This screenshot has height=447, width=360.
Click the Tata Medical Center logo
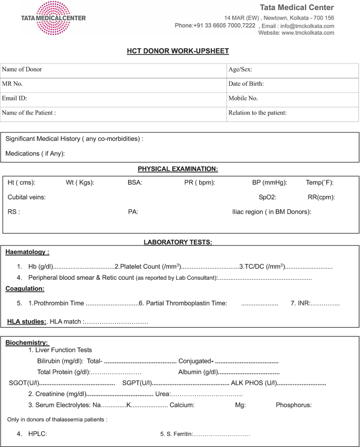(53, 18)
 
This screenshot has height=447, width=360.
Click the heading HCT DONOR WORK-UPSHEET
(178, 51)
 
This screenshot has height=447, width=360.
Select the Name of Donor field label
(22, 69)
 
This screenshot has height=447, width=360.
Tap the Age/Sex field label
(240, 69)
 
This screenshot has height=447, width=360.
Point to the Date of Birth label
(246, 84)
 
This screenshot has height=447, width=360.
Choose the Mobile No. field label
(243, 98)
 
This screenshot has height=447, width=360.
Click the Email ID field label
(15, 98)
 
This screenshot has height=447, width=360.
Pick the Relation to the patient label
(258, 113)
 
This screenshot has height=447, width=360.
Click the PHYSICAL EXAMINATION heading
(178, 169)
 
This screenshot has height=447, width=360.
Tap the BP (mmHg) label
(270, 182)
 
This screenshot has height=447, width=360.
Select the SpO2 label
(268, 197)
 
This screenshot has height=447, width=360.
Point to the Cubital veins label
(26, 197)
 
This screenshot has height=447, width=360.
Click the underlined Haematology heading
(27, 252)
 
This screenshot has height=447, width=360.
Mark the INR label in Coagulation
(304, 303)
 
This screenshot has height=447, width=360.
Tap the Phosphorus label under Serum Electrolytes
(294, 405)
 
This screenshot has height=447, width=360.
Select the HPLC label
(38, 434)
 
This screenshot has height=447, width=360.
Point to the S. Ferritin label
(177, 434)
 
